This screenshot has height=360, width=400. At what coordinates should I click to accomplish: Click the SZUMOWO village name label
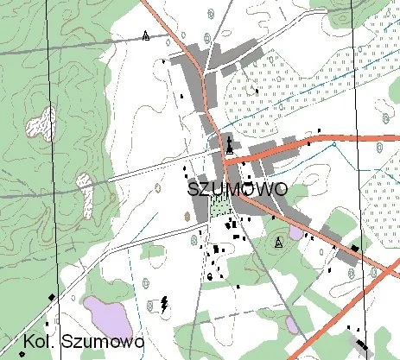[236, 189]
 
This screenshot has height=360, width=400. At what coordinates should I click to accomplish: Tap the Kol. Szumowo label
[83, 342]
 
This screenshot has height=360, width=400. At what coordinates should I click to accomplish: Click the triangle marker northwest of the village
[146, 35]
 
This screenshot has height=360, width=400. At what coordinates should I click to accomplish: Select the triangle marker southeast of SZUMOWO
[278, 243]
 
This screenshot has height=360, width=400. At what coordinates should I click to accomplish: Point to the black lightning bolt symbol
[164, 303]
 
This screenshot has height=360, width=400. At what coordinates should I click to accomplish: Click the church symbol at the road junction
[230, 146]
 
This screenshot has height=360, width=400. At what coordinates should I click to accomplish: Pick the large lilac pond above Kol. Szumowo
[108, 314]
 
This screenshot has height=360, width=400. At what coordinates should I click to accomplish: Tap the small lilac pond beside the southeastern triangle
[295, 232]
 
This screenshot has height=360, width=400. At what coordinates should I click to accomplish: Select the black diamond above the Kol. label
[52, 297]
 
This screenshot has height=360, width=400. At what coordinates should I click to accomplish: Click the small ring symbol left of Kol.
[21, 353]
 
